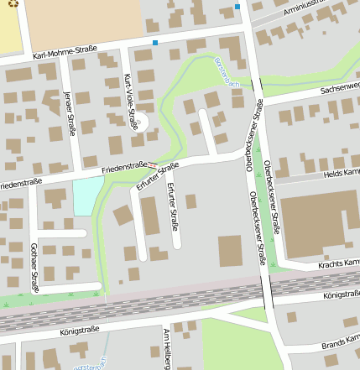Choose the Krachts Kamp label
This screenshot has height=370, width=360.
click(339, 263)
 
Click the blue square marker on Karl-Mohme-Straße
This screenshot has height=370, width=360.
click(155, 42)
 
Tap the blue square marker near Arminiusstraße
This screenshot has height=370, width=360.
click(237, 7)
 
